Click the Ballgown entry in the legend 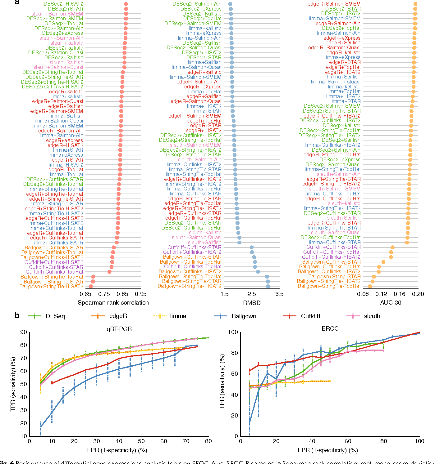tap(244, 316)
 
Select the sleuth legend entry tap(372, 316)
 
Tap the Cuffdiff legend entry tap(310, 316)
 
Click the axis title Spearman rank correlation tap(113, 303)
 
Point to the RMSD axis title tap(252, 303)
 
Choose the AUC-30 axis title tap(391, 303)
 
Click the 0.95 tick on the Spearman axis tap(141, 294)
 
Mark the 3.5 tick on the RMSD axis tap(279, 294)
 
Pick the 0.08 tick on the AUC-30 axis tap(363, 294)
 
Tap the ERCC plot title tap(330, 329)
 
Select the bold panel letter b tap(17, 316)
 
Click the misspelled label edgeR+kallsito tap(66, 92)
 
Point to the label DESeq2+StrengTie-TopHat tap(190, 140)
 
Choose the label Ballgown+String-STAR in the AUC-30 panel tap(334, 277)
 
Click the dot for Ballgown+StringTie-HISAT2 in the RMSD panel tap(268, 287)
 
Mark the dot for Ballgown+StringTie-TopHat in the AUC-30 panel tap(370, 287)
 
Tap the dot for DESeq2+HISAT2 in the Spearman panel tap(126, 4)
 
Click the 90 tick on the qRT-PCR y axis tap(24, 332)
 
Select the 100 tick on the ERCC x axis tap(419, 442)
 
